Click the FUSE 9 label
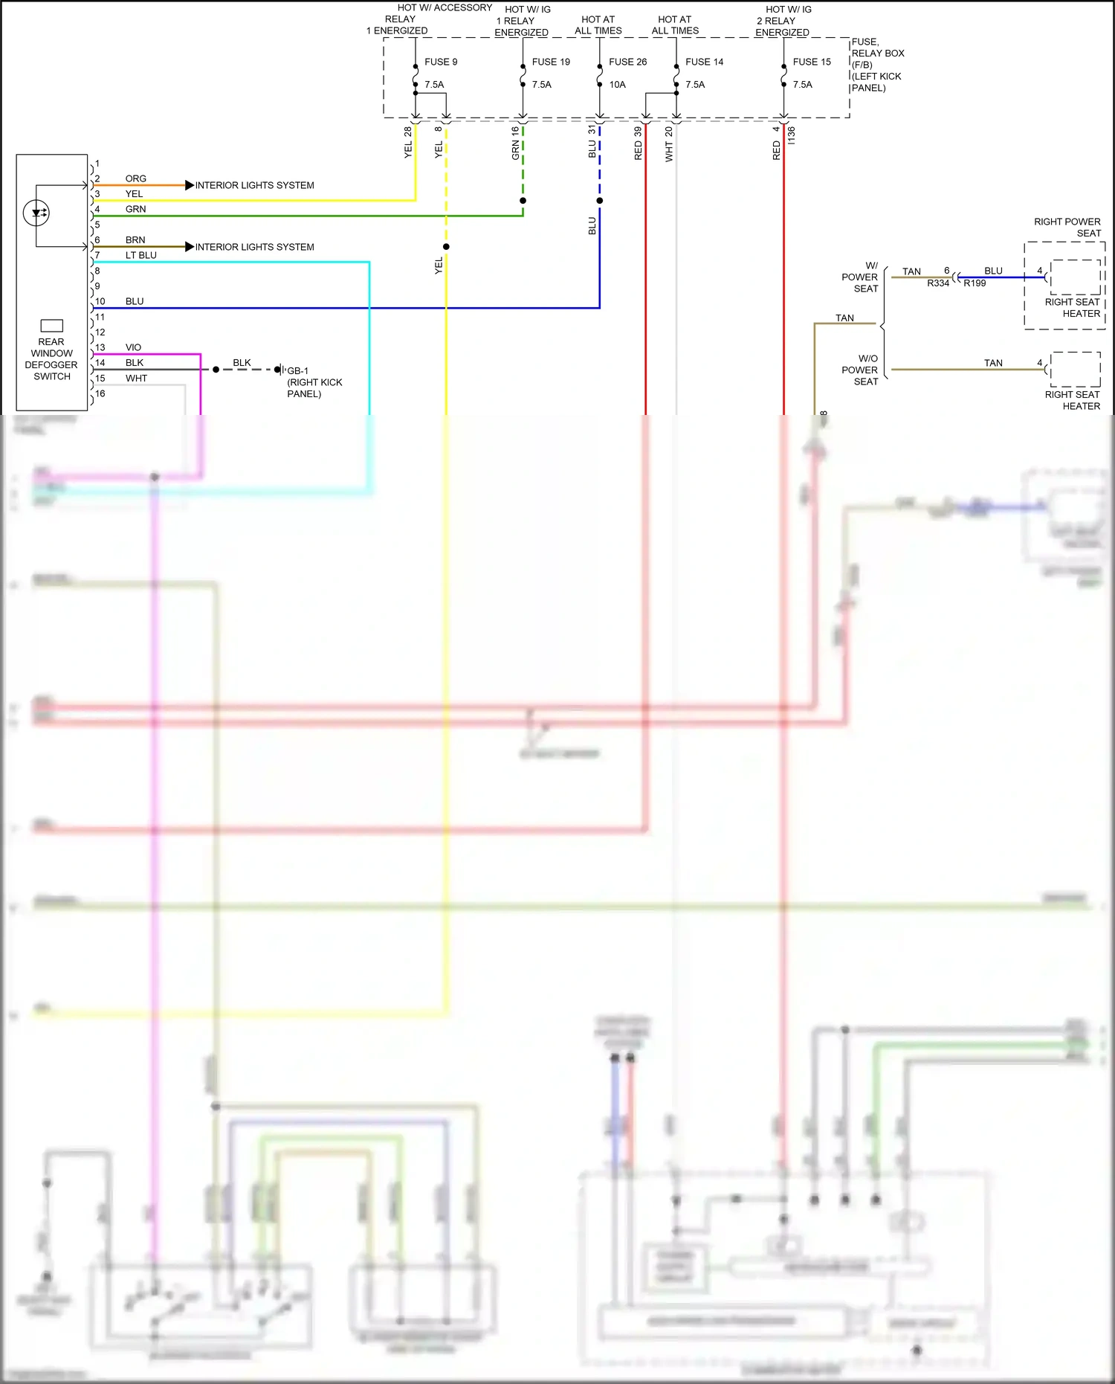click(441, 62)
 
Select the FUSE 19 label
click(551, 62)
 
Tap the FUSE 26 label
click(627, 62)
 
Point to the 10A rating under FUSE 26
click(617, 85)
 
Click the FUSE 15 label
click(812, 62)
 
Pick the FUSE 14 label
click(704, 62)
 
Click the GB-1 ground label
click(297, 370)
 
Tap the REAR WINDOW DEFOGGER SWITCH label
click(51, 359)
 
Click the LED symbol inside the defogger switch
click(36, 213)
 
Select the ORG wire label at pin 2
click(135, 178)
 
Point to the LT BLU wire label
click(140, 255)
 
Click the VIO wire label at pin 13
click(133, 347)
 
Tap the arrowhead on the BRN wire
click(190, 247)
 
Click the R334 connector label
click(938, 283)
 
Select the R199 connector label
click(975, 283)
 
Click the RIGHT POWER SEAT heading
click(1067, 227)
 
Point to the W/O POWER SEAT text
click(860, 370)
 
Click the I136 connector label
click(792, 135)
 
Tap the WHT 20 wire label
click(669, 144)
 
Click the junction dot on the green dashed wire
click(523, 201)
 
